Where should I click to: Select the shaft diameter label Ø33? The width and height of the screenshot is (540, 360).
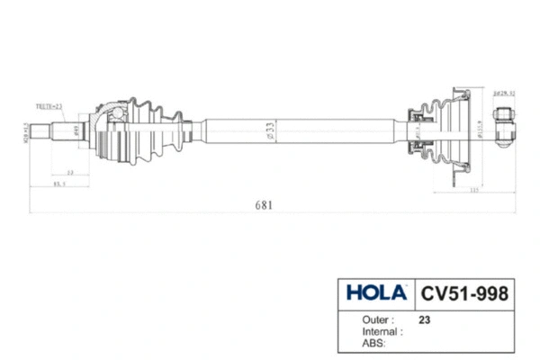tap(271, 130)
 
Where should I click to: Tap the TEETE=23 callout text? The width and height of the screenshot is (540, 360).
tap(49, 105)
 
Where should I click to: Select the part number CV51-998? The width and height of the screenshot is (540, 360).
tap(463, 293)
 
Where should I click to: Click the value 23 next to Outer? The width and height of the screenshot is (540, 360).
tap(425, 319)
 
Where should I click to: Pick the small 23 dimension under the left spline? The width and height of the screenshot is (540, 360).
tap(68, 171)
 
